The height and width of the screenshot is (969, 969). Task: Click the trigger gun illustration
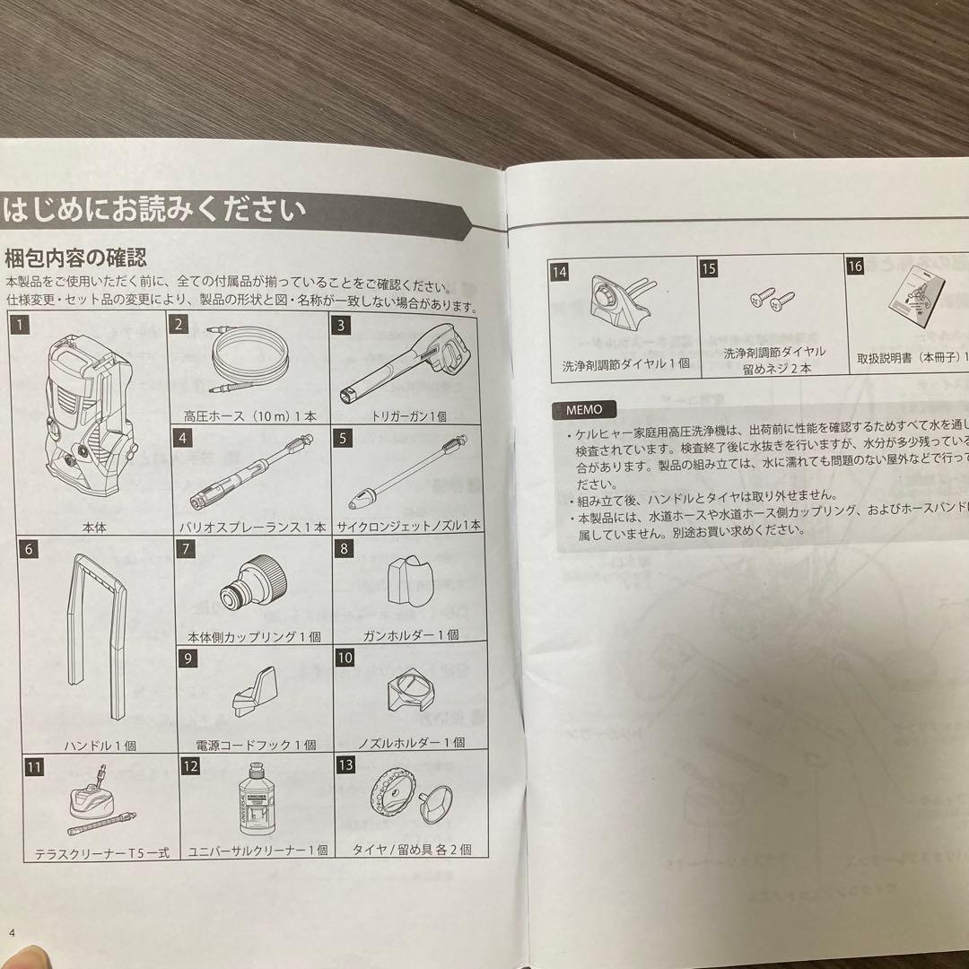[x=409, y=367]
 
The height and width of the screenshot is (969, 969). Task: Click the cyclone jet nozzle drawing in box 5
[x=408, y=475]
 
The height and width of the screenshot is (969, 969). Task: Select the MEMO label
[x=584, y=410]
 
